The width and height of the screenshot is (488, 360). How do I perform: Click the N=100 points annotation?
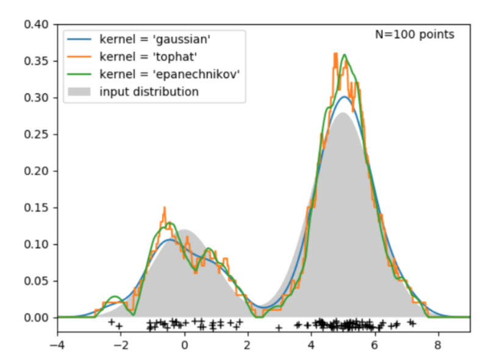[x=414, y=35]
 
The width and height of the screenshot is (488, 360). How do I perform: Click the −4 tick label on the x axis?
[x=57, y=345]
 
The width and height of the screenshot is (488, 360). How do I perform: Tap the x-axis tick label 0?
[x=184, y=345]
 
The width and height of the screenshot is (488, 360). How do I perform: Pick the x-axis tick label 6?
[x=375, y=345]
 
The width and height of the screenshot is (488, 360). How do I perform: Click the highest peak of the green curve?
[x=345, y=55]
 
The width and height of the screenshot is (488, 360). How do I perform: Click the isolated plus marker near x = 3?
[x=279, y=328]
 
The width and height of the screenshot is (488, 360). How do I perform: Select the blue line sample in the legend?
[x=80, y=40]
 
